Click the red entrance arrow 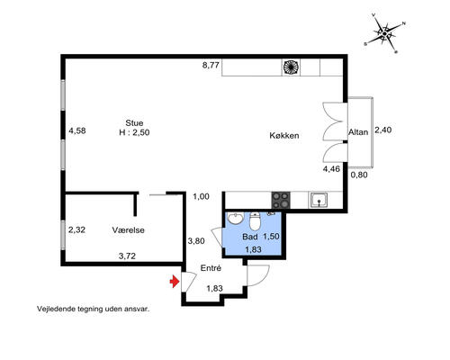(175, 282)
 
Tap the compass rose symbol (384, 33)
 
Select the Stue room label (134, 123)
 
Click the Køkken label (284, 136)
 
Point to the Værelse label (129, 230)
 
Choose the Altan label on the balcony (358, 132)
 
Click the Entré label (211, 268)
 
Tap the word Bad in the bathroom (250, 237)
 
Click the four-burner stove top (281, 200)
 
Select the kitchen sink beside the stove (319, 201)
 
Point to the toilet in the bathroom (255, 221)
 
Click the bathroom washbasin (236, 218)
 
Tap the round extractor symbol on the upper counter (291, 67)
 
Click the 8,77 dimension (211, 65)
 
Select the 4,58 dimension (77, 130)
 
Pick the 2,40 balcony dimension (383, 130)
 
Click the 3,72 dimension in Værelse (127, 256)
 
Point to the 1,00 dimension (201, 197)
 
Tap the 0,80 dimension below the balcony (359, 175)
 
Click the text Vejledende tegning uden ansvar (94, 309)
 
